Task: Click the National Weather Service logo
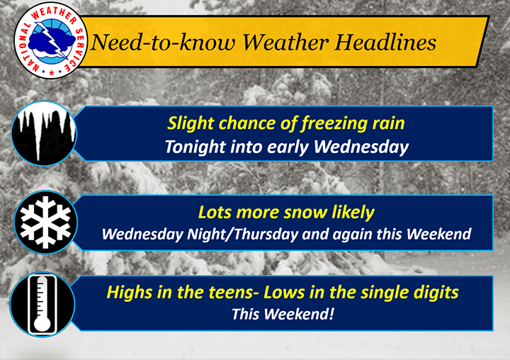(51, 40)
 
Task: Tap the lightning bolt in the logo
(52, 40)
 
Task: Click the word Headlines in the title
(385, 43)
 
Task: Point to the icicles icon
(44, 133)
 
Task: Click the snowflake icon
(45, 222)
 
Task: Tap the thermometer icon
(42, 304)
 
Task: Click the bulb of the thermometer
(42, 324)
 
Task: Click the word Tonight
(195, 147)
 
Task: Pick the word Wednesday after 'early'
(361, 147)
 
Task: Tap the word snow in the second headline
(305, 213)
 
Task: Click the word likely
(353, 213)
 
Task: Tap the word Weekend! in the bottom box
(298, 314)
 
